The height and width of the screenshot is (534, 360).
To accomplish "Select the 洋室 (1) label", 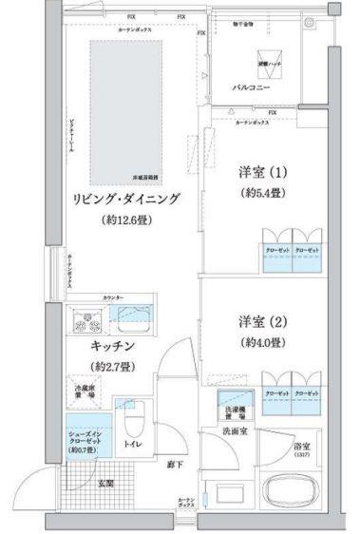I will click(x=263, y=174).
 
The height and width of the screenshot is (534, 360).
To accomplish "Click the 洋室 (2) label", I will click(x=263, y=321).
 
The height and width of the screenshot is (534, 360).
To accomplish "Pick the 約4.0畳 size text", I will click(x=263, y=342).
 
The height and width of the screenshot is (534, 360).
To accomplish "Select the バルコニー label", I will click(x=255, y=87).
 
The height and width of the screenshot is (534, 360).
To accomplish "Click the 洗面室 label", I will click(x=234, y=430).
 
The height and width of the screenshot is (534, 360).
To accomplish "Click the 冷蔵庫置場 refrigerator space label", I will click(x=85, y=391).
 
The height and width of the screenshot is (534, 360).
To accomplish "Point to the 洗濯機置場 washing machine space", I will click(x=233, y=403).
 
